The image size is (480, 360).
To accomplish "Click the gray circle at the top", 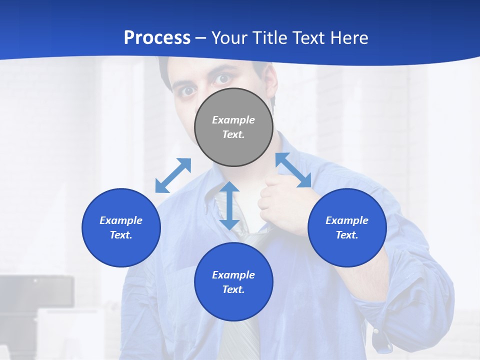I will coord(233,127).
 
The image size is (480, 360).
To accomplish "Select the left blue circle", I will coord(121,227).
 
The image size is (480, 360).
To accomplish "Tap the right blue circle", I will coord(347,227).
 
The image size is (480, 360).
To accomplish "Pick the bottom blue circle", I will coord(233,282).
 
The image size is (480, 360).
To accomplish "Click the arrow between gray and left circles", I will coord(173,175).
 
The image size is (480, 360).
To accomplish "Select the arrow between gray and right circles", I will coord(293,170).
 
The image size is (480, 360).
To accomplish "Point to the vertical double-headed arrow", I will coord(229,205).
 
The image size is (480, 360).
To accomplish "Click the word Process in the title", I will coord(157,37).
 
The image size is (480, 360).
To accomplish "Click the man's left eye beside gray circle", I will coord(188,90).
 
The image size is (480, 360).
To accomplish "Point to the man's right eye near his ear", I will coord(223,79).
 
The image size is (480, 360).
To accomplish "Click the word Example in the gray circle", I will coord(233,120).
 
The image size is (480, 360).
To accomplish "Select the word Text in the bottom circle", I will coord(233,289).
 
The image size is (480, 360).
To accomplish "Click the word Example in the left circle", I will coord(121,220).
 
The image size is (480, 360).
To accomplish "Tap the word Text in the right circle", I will coord(347,235).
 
